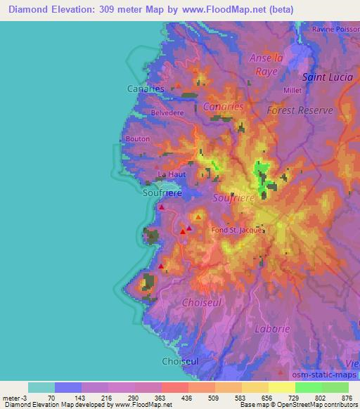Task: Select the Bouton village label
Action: pos(137,139)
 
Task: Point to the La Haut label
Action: pos(172,174)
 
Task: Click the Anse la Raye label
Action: pos(266,64)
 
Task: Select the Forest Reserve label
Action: pos(299,110)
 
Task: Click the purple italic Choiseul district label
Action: pos(201,301)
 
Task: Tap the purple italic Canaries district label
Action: pos(222,107)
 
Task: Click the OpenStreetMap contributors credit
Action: pos(319,405)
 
